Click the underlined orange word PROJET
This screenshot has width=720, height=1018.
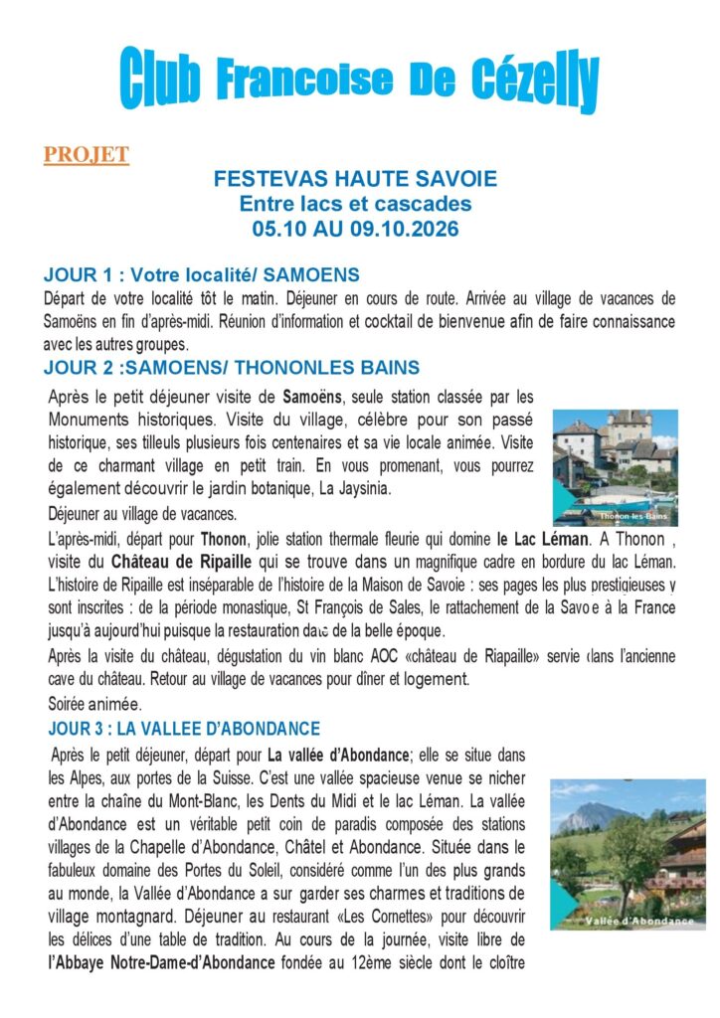click(86, 154)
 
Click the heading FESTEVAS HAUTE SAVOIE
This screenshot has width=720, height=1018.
click(355, 181)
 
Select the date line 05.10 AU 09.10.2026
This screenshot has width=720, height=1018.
click(355, 227)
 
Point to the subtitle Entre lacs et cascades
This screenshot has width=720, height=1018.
click(355, 204)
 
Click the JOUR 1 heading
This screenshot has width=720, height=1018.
click(202, 274)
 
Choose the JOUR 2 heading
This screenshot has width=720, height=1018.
click(232, 368)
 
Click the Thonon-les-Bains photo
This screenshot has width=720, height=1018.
click(615, 467)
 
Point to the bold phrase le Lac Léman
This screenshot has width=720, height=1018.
click(542, 540)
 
